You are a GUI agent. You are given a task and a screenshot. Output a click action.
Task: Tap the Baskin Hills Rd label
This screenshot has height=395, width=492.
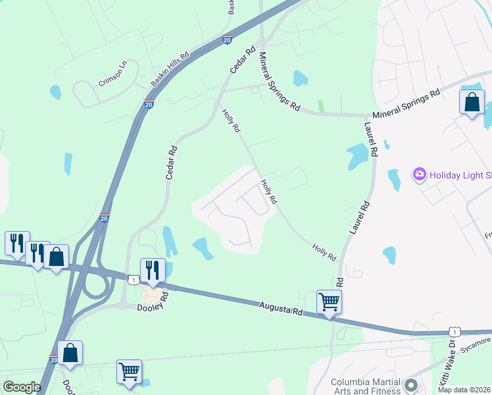click(170, 70)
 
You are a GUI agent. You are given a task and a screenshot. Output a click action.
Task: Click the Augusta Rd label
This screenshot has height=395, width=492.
click(281, 307)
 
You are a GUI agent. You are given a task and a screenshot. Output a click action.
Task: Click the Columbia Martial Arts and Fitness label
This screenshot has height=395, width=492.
click(365, 386)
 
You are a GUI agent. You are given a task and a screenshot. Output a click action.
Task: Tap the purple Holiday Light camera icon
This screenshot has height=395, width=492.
click(419, 174)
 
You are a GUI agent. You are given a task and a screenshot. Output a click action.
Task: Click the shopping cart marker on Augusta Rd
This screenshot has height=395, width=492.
click(329, 302)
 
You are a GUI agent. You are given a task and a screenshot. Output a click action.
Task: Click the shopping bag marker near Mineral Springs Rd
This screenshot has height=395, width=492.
click(472, 102)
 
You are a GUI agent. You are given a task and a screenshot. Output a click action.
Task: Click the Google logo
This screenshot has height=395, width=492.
click(22, 387)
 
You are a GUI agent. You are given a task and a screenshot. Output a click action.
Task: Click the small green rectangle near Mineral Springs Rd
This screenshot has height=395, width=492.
click(321, 106)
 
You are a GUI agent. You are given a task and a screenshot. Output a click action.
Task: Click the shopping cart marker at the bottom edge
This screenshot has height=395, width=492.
click(129, 371)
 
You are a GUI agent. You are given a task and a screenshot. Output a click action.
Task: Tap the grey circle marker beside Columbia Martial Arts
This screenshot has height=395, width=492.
click(412, 384)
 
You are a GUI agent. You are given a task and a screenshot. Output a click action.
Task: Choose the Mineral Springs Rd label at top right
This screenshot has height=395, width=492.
click(405, 105)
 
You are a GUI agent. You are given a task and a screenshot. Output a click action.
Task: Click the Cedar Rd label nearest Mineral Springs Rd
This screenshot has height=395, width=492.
click(241, 59)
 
